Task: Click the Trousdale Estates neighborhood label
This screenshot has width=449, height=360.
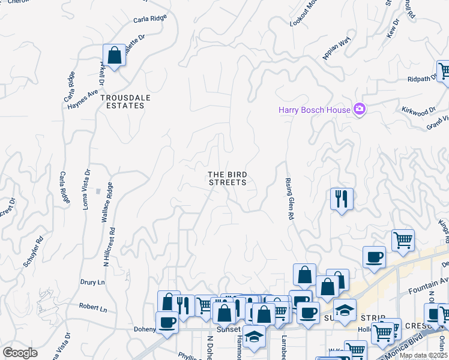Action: coord(122,101)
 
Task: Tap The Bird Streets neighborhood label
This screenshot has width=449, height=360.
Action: coord(227,178)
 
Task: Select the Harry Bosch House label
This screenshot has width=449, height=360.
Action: coord(314,109)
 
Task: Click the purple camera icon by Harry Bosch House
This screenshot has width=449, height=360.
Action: coord(360,109)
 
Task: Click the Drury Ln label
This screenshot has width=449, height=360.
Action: coord(92,281)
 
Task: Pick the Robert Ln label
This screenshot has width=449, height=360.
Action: coord(92,307)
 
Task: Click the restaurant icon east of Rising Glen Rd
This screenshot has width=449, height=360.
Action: coord(342,198)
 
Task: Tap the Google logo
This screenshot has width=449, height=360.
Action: coord(20,353)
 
